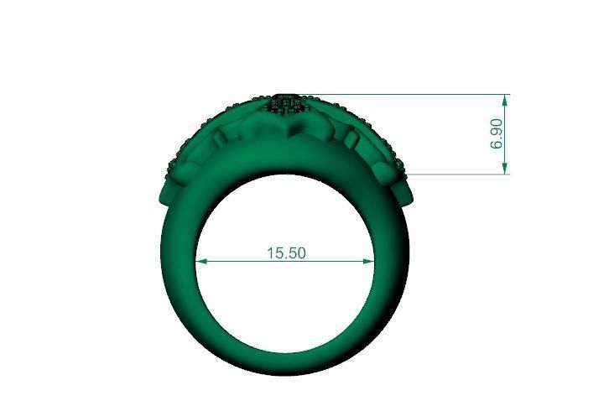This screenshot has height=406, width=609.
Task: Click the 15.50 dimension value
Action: click(x=286, y=252)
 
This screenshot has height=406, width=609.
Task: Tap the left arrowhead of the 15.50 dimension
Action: click(x=200, y=261)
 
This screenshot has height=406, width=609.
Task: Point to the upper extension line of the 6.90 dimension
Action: click(x=403, y=95)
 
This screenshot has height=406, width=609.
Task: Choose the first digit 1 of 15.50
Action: click(x=271, y=252)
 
